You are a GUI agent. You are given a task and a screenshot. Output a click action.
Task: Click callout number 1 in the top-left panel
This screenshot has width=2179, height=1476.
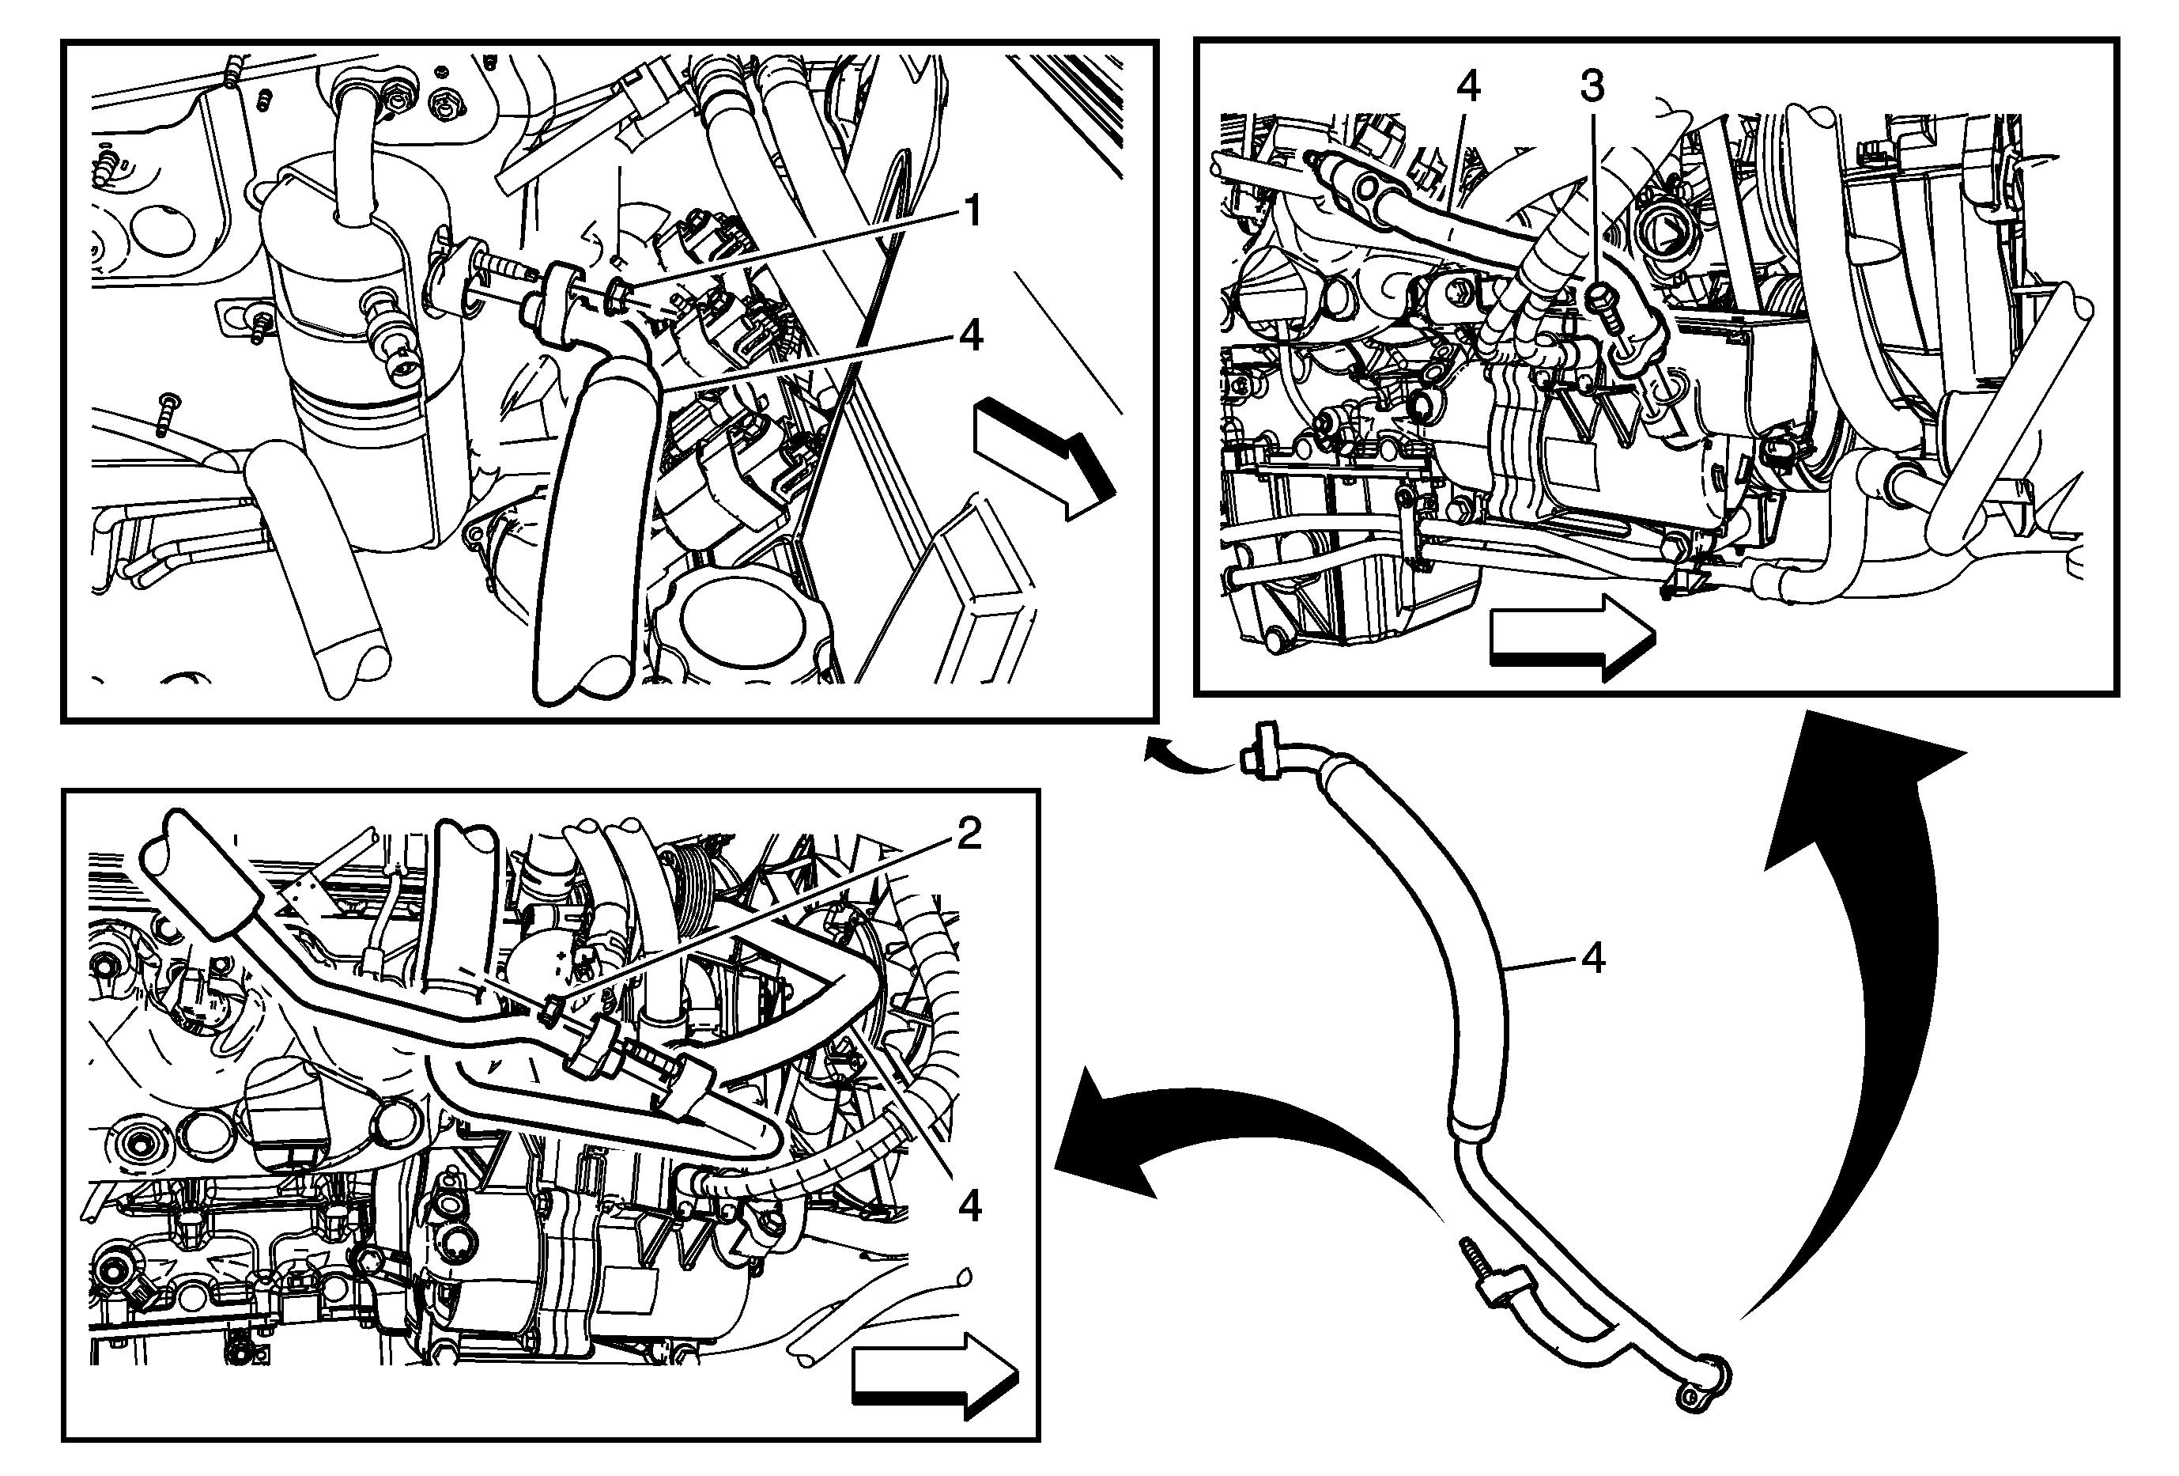[x=972, y=211]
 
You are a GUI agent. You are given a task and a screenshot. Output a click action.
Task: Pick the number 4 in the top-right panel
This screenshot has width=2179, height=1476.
[x=1468, y=87]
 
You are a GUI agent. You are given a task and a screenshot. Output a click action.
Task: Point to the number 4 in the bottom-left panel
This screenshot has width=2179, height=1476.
[x=970, y=1206]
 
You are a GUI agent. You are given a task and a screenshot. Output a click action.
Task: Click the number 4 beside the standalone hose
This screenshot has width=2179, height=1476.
[x=1593, y=959]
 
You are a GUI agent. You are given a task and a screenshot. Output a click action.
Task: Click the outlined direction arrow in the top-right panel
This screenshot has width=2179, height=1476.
[x=1573, y=636]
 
